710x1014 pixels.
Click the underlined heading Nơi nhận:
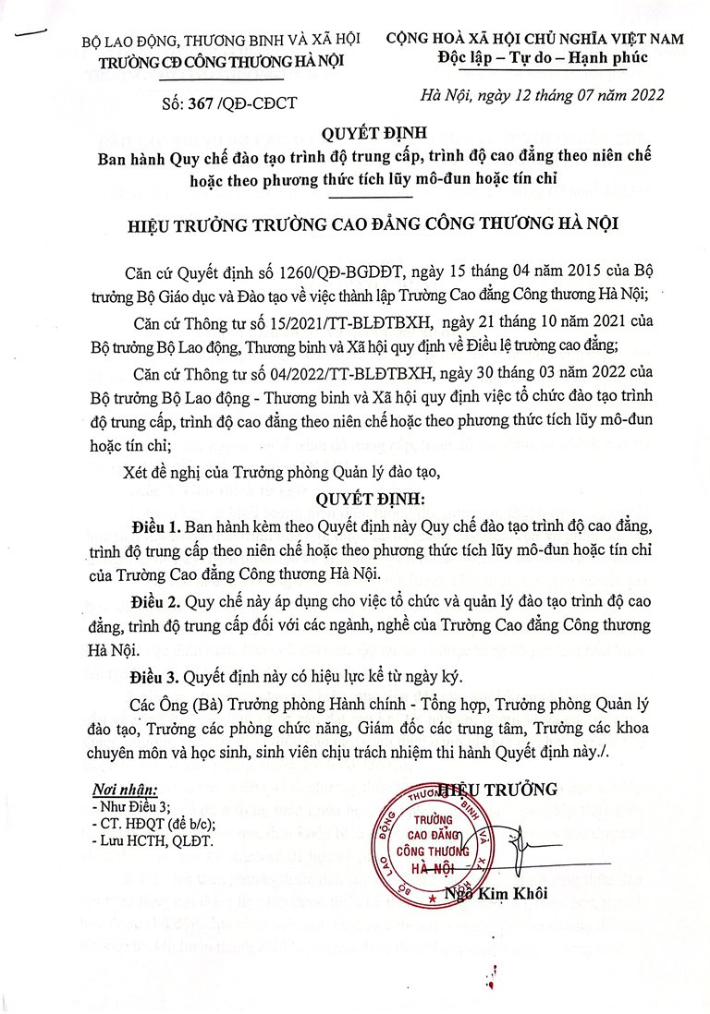tap(126, 791)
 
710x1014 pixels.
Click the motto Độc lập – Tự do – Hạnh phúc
tap(544, 58)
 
